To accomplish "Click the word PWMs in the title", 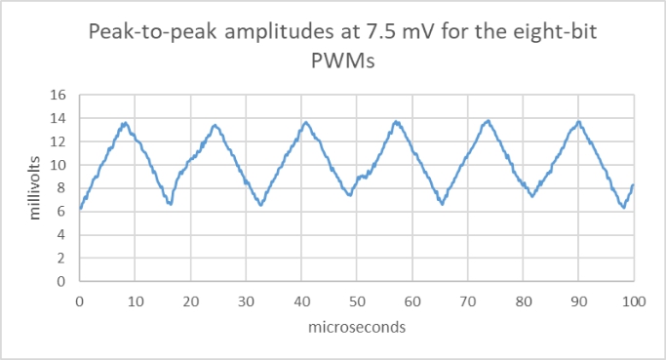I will click(333, 60).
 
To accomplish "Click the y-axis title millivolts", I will click(34, 187).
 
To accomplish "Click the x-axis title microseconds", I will click(356, 328).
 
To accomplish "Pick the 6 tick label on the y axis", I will click(61, 212).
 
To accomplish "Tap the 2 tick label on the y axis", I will click(61, 259).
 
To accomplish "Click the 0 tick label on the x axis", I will click(79, 301).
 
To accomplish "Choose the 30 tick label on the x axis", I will click(246, 301).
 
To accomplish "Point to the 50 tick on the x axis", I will click(357, 301).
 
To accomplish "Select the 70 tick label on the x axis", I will click(468, 301).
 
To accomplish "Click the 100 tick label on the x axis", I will click(634, 301).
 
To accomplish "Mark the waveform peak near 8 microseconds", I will click(125, 123).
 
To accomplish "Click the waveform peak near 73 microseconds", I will click(488, 120).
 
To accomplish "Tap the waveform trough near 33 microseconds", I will click(260, 205).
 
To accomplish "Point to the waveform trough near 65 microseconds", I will click(442, 204).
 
